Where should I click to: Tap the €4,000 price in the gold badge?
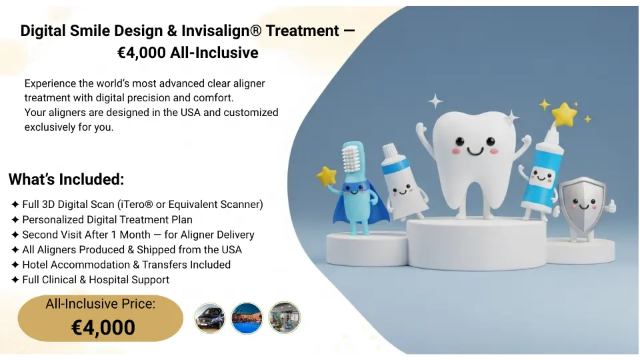[103, 327]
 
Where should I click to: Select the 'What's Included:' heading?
[67, 179]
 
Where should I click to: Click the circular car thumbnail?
[209, 318]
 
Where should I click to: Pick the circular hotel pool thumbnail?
[247, 318]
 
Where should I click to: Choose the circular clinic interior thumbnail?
[285, 318]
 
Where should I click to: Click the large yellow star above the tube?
[564, 114]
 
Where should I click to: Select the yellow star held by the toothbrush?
[326, 177]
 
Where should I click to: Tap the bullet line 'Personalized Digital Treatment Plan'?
[107, 219]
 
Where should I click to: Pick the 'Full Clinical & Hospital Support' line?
[95, 280]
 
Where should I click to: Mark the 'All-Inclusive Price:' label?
[101, 304]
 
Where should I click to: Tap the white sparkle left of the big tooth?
[435, 101]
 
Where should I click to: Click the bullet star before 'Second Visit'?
[15, 235]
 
